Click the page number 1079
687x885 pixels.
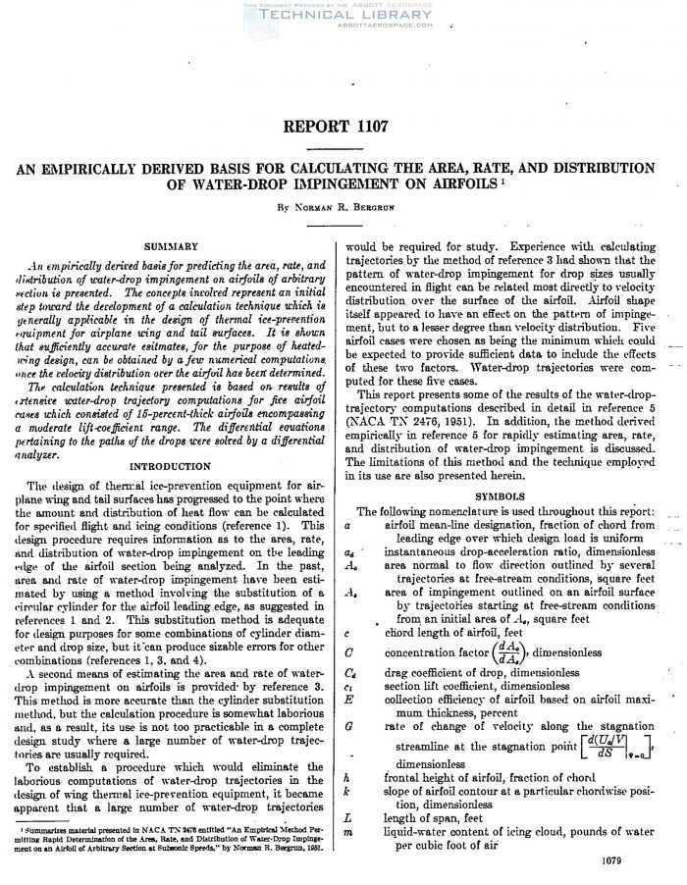[x=646, y=859]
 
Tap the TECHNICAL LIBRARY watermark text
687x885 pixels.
[x=343, y=17]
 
